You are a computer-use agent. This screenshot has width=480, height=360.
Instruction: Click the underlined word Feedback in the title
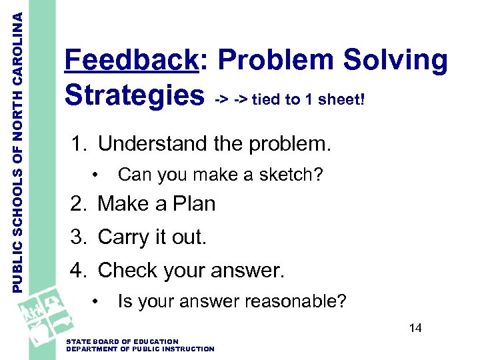[131, 61]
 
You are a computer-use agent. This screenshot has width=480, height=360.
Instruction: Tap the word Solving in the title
[395, 61]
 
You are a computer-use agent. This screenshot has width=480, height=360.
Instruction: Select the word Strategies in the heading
[134, 95]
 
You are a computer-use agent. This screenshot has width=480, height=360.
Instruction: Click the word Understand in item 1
[155, 144]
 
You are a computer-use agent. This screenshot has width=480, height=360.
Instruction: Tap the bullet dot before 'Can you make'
[97, 175]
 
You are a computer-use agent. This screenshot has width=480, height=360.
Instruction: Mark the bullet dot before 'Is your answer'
[97, 302]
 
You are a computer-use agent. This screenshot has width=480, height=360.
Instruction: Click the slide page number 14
[415, 328]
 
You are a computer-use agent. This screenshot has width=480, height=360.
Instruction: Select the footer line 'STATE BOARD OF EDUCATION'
[123, 341]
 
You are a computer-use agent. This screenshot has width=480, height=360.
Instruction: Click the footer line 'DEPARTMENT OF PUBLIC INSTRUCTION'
[141, 349]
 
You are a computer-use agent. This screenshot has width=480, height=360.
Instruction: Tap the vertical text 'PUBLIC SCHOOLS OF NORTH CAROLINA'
[19, 147]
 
